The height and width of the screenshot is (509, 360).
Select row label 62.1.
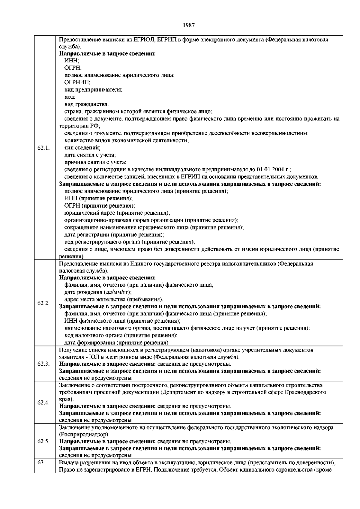[43, 148]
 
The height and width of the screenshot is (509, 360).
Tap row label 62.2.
[43, 303]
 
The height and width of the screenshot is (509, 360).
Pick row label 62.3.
[43, 364]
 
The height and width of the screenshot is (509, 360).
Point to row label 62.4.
[43, 403]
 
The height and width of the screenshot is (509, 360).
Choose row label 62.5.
[43, 442]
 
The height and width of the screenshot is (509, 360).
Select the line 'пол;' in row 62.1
[70, 97]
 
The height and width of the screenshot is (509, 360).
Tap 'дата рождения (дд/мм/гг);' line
[98, 292]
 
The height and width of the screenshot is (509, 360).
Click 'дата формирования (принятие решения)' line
[116, 343]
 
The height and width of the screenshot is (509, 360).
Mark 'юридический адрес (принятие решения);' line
[117, 213]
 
